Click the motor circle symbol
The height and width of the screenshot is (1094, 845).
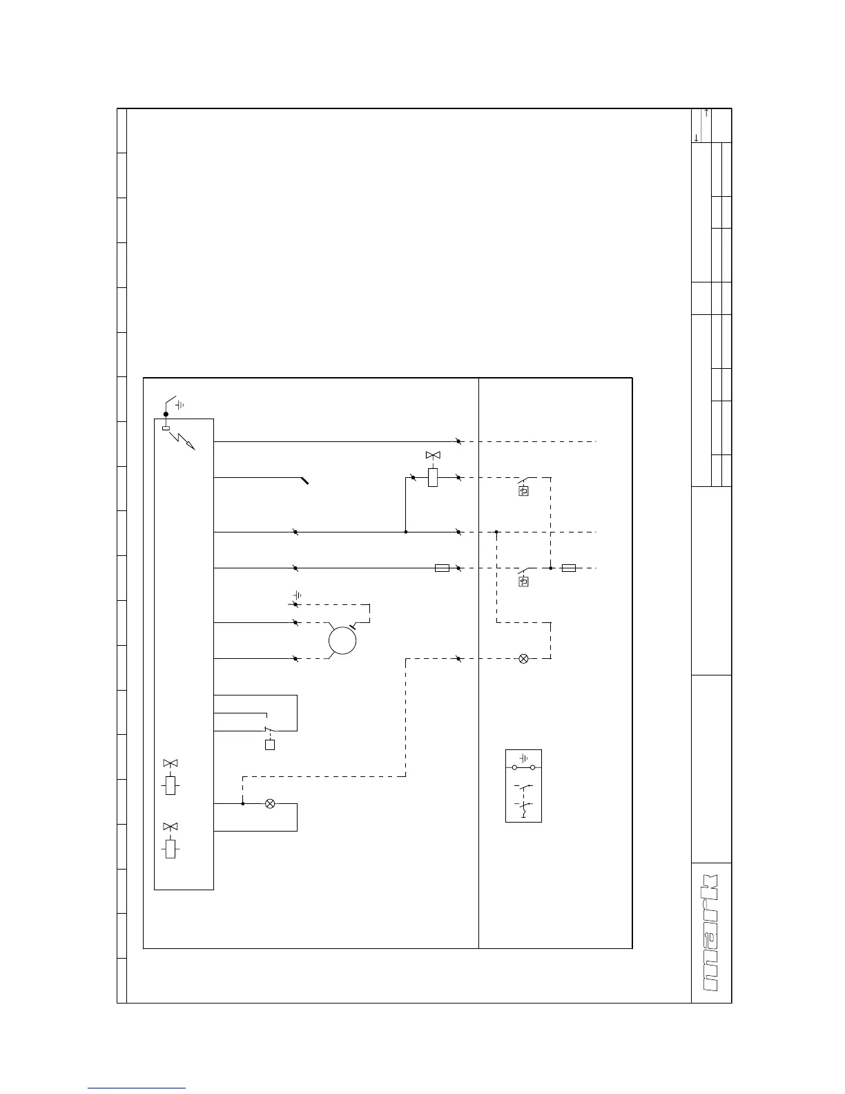342,640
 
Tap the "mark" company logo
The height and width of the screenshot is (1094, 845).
711,933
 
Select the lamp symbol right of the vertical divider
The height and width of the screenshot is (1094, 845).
523,658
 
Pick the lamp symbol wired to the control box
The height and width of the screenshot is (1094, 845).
270,803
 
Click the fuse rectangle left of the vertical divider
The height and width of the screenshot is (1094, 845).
442,568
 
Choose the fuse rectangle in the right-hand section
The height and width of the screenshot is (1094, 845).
569,568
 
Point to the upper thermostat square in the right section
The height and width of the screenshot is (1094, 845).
523,492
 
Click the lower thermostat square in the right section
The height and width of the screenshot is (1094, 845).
523,582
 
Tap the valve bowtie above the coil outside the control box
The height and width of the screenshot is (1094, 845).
433,455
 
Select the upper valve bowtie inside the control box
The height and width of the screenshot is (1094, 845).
170,763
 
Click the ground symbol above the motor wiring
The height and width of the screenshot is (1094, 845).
298,595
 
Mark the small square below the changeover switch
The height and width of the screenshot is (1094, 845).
270,745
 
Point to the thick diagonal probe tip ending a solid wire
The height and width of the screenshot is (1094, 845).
304,480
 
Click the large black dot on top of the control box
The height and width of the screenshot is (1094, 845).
166,414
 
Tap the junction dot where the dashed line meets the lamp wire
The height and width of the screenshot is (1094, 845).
242,803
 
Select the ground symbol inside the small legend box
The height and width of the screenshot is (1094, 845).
523,758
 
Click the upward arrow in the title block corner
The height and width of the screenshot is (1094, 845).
707,113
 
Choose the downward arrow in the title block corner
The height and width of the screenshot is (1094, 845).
696,138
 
